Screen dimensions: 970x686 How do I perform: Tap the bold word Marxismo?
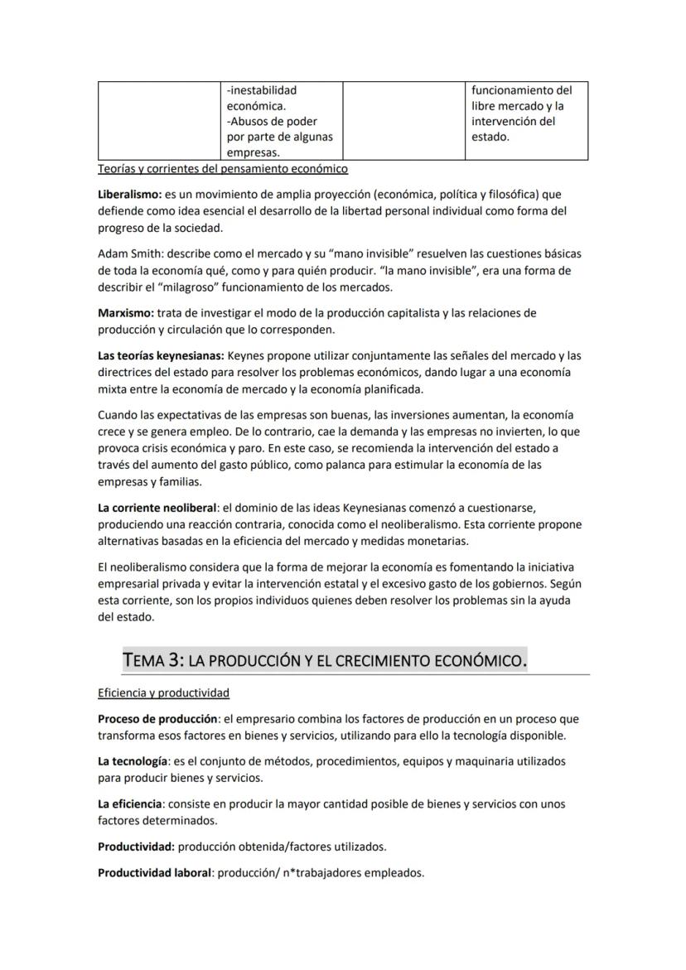[124, 313]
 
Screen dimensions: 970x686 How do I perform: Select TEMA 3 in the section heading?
[152, 660]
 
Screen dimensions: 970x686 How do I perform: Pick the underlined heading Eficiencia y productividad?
[163, 693]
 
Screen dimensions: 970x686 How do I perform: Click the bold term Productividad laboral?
[154, 872]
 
